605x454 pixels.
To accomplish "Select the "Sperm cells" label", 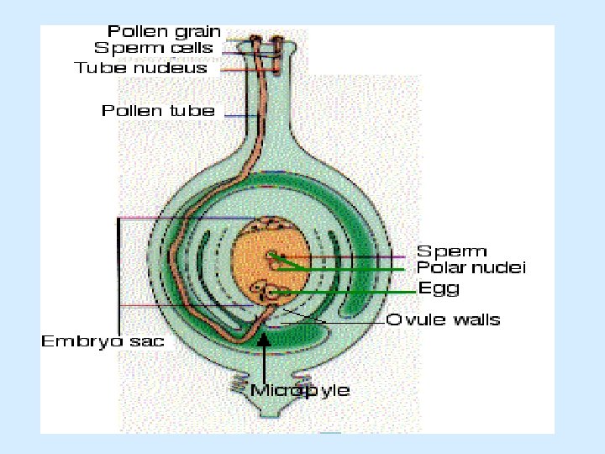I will tap(154, 49).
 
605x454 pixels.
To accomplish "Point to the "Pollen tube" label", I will tap(158, 110).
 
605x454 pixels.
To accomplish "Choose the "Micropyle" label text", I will tap(300, 390).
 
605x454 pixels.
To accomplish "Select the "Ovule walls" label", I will tap(443, 319).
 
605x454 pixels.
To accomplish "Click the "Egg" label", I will tap(439, 288).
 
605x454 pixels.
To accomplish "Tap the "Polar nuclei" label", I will tap(471, 268).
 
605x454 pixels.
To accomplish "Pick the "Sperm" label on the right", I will tap(452, 251).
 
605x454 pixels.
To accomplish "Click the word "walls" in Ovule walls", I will tap(476, 319).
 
